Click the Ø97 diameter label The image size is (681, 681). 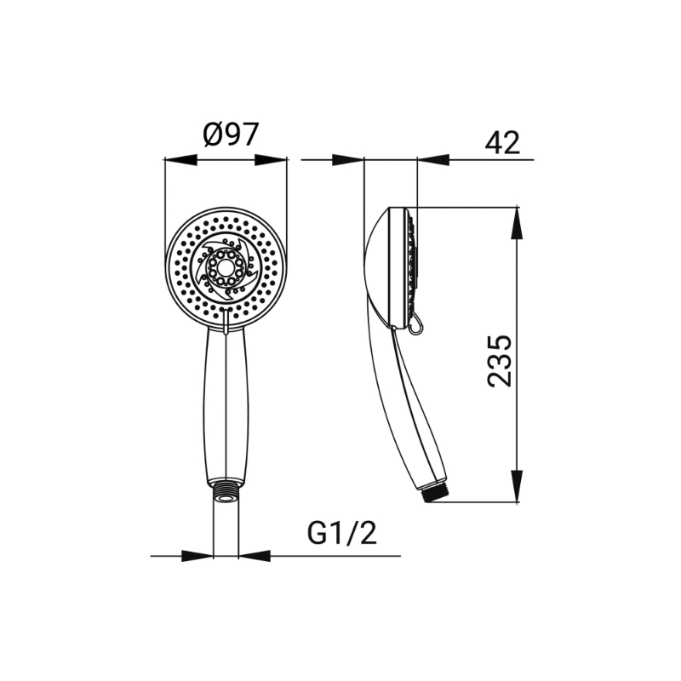[x=231, y=134]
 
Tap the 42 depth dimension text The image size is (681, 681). [x=502, y=142]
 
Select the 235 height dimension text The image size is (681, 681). [x=500, y=360]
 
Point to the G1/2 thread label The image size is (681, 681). [x=342, y=533]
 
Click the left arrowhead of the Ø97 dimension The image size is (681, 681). [x=180, y=160]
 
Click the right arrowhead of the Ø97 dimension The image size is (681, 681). [x=271, y=160]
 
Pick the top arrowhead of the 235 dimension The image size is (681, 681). [x=517, y=223]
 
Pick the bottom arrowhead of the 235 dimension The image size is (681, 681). [x=517, y=486]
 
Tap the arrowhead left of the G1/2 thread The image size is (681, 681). [x=197, y=556]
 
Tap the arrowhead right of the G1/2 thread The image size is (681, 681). [x=255, y=556]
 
